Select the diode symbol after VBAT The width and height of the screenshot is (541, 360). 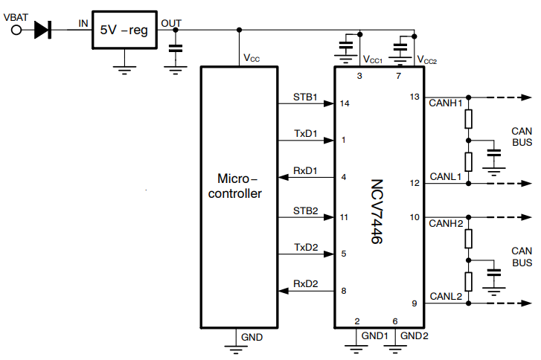click(x=43, y=30)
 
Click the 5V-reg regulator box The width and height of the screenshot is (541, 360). click(x=124, y=30)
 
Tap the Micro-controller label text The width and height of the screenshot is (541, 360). click(x=239, y=186)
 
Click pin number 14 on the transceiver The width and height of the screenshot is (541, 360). click(x=344, y=103)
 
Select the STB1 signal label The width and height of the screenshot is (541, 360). click(x=305, y=97)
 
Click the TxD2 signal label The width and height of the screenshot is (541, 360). click(x=306, y=247)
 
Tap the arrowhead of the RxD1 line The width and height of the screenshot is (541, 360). click(x=281, y=177)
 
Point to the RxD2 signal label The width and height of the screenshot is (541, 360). click(x=306, y=283)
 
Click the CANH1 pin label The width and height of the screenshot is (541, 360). click(x=446, y=103)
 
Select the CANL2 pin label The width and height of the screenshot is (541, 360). click(x=446, y=297)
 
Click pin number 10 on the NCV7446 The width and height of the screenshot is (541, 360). click(x=415, y=217)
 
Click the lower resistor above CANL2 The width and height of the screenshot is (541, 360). click(x=468, y=282)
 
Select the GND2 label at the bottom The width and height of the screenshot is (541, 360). click(x=414, y=335)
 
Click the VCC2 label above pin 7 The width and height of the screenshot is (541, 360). click(x=426, y=60)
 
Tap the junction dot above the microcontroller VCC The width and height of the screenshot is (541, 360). click(x=239, y=30)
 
